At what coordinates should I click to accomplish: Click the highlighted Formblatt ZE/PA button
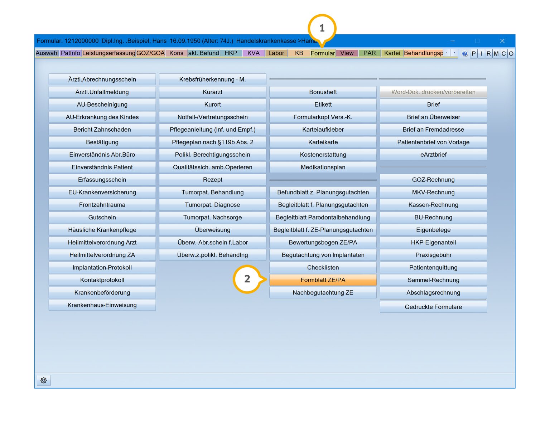point(323,280)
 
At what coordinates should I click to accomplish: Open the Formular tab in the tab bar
point(323,53)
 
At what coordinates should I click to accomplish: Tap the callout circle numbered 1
point(322,28)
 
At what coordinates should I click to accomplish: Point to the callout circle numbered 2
point(247,279)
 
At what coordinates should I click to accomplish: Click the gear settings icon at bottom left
point(44,380)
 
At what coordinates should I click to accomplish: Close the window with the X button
point(502,41)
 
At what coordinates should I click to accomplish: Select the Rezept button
point(212,180)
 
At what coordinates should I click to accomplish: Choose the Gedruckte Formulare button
point(433,307)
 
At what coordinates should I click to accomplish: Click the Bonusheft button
point(323,92)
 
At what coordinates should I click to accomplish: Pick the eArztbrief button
point(433,155)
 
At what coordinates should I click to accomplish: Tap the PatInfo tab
point(71,53)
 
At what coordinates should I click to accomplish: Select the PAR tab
point(369,53)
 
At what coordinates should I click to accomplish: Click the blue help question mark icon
point(464,53)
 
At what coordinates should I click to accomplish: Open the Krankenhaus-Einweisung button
point(102,305)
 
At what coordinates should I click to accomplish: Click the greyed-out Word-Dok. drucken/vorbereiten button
point(433,92)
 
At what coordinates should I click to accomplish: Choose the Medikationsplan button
point(323,167)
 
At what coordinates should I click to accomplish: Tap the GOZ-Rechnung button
point(433,180)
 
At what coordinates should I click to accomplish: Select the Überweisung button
point(212,230)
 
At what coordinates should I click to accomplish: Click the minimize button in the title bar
point(452,41)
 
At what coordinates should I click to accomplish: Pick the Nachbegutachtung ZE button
point(323,292)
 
